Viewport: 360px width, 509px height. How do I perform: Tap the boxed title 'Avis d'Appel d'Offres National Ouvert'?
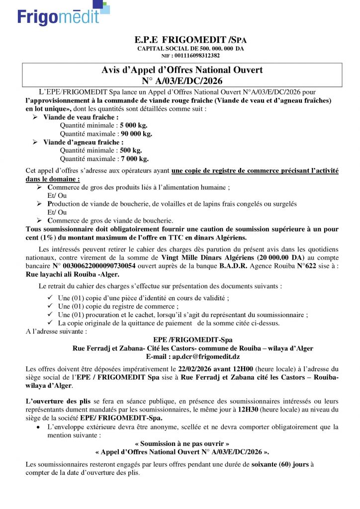click(x=182, y=70)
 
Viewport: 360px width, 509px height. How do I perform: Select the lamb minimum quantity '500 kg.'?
click(x=131, y=151)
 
